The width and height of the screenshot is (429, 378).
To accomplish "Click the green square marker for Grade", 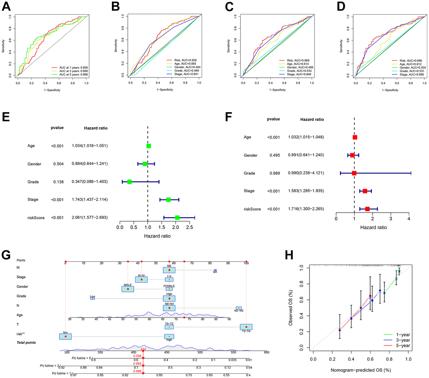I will pos(130,181).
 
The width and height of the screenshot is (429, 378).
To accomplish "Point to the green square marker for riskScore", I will pos(177,218).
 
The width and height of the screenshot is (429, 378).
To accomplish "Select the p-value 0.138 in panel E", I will pos(57,181).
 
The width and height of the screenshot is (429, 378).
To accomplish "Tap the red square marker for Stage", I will pos(365,191).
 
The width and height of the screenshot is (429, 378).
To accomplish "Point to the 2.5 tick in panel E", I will pos(190,228).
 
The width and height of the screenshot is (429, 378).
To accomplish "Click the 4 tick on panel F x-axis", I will pos(409,219).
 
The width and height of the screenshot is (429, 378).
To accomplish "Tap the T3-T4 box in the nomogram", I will pos(246,327).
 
